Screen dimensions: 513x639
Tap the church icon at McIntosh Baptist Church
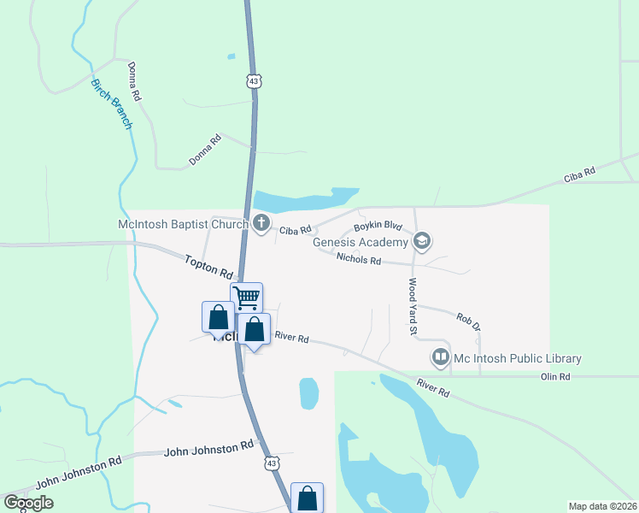tap(261, 225)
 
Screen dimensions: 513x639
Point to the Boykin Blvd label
tap(378, 226)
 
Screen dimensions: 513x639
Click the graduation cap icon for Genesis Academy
tap(422, 242)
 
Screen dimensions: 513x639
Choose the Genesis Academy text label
tap(361, 242)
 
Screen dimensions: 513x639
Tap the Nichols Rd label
tap(358, 258)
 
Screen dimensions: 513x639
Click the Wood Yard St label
tap(412, 306)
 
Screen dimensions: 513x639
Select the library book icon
tap(441, 357)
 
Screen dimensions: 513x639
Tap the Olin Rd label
tap(555, 376)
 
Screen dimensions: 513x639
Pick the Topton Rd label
tap(208, 266)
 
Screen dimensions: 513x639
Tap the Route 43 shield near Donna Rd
tap(253, 81)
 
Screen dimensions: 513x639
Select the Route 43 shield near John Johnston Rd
tap(271, 463)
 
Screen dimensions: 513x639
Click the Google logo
tap(29, 503)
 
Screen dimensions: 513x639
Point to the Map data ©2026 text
tap(602, 506)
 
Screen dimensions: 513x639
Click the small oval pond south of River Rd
tap(308, 393)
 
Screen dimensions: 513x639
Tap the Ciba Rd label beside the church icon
tap(297, 231)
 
